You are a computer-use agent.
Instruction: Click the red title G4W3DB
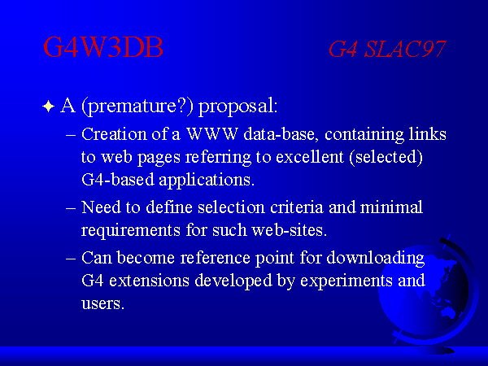click(x=103, y=47)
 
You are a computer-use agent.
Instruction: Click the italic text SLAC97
click(x=405, y=49)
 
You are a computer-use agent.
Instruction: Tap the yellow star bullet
click(x=49, y=107)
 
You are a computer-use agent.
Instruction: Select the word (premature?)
click(x=137, y=107)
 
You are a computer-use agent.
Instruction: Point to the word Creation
click(x=114, y=134)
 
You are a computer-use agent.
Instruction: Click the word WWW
click(x=212, y=134)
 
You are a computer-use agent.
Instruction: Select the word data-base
click(x=281, y=134)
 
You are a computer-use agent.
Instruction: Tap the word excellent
click(x=310, y=157)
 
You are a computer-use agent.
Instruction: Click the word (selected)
click(x=386, y=157)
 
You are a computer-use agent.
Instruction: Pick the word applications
click(x=207, y=181)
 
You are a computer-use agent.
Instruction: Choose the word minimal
click(x=391, y=207)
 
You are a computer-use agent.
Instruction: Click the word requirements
click(x=131, y=231)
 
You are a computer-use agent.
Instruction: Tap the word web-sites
click(x=289, y=230)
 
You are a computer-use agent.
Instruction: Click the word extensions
click(x=149, y=281)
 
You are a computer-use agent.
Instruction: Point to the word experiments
click(x=346, y=281)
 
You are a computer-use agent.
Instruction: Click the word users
click(x=102, y=303)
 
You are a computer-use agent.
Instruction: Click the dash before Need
click(x=71, y=208)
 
